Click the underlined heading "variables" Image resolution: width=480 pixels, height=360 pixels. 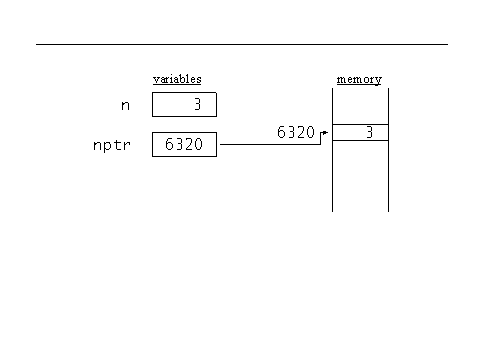177,79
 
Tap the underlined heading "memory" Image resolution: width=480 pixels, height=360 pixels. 359,79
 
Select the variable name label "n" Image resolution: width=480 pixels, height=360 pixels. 125,104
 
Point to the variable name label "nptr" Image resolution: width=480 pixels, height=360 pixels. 113,145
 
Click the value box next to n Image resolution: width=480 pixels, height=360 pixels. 184,104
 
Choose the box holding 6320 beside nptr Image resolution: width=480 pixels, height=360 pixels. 184,145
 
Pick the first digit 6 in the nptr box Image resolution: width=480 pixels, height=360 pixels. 167,145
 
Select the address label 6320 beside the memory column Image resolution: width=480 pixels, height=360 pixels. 295,132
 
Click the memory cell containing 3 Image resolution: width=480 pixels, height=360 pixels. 360,132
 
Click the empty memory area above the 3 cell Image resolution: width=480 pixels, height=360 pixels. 360,106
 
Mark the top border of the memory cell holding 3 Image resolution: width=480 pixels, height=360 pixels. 360,124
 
